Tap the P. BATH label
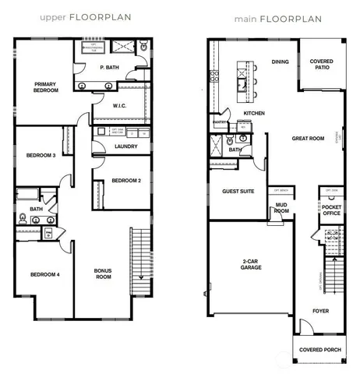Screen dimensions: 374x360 click(x=109, y=68)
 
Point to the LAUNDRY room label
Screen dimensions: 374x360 click(x=125, y=146)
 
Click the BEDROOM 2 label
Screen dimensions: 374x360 click(x=125, y=181)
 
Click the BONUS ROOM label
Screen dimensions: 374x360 click(x=103, y=274)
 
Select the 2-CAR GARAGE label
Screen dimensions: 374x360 click(x=251, y=263)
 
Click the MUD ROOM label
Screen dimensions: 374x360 click(x=281, y=208)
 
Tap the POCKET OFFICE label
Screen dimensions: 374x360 click(x=332, y=210)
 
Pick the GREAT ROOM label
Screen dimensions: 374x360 click(x=308, y=139)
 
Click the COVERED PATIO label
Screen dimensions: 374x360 click(x=322, y=65)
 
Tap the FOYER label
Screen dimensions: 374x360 click(x=320, y=309)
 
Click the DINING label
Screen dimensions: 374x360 click(x=281, y=62)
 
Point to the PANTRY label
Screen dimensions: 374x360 click(x=219, y=121)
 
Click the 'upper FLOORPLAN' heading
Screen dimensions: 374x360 click(x=75, y=14)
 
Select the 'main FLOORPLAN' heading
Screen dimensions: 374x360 click(x=274, y=14)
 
